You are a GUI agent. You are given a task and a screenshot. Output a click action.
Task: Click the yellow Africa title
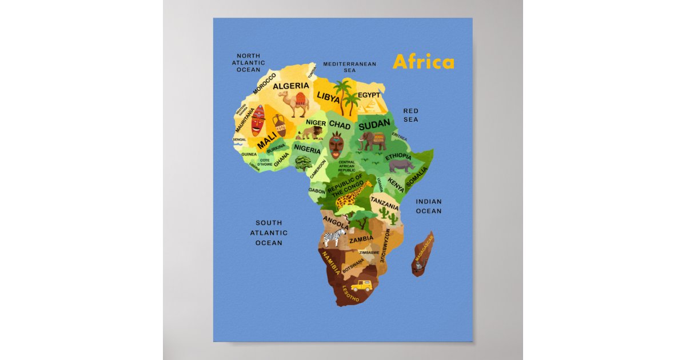pos(424,62)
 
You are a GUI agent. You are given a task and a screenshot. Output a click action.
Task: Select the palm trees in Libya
pos(345,98)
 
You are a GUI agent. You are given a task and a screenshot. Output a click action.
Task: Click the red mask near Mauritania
pos(258,120)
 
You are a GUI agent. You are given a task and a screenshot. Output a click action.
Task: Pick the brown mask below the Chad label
pos(336,146)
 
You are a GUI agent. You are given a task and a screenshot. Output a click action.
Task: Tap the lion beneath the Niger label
pos(312,133)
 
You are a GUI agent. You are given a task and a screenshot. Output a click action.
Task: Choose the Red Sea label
pos(410,115)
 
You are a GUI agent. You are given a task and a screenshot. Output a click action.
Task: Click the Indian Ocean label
pos(428,206)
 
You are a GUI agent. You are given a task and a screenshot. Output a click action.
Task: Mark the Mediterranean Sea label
pos(350,67)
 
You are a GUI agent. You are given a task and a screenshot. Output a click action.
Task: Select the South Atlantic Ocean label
pos(269,233)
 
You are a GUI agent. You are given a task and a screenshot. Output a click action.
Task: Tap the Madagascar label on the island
pos(423,249)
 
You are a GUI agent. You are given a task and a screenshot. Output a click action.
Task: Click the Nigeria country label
pos(308,149)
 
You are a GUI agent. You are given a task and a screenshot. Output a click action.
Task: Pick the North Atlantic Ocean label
pos(249,62)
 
